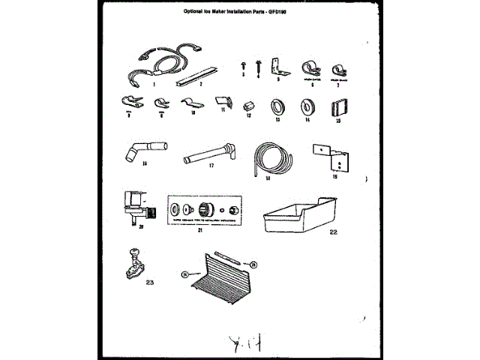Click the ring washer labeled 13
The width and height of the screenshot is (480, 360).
click(277, 104)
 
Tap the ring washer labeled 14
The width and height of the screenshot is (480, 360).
click(306, 104)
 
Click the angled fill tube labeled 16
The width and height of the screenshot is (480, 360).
click(140, 145)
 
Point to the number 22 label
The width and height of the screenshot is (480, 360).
click(334, 232)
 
